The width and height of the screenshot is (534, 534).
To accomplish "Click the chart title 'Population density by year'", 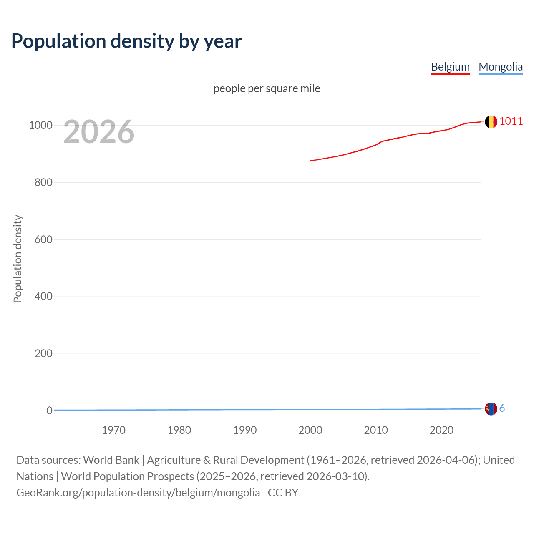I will pos(126,41).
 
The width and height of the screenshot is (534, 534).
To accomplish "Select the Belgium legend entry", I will pos(450,67).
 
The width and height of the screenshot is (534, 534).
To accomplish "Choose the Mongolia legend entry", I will pos(500,67).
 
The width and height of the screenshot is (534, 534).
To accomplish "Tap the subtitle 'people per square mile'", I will pos(267,88).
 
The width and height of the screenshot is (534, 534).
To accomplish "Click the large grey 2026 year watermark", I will pos(99,132).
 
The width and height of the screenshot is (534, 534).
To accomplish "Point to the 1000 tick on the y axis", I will pos(40,125).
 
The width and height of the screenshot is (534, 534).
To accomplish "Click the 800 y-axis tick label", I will pos(43,182).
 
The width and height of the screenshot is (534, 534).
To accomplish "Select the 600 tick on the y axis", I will pos(43,239).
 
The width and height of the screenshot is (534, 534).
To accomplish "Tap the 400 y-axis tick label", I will pos(43,297).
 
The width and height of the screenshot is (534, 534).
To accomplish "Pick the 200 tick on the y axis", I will pos(43,353).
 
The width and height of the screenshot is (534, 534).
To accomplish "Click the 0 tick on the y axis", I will pos(49,411).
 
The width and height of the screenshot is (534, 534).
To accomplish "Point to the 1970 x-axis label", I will pos(113,430).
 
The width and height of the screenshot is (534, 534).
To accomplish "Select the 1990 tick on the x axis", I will pos(245,430).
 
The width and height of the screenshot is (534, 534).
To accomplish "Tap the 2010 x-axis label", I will pos(376,430).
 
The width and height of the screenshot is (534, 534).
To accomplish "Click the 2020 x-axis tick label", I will pos(441,430).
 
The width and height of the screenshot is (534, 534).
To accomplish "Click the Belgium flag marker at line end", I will pos(491,122).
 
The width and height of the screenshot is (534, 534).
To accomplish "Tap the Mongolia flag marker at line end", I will pos(491,409).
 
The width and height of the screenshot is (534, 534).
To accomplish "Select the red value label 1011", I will pos(511,121).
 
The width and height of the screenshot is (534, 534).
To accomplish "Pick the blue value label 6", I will pos(502,408).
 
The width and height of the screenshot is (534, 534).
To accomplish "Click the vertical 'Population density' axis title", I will pos(18,259).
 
